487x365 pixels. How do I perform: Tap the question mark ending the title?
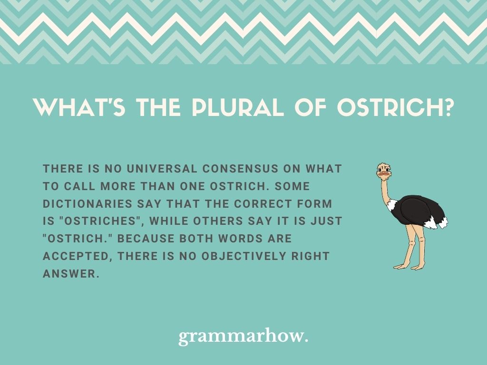click(x=447, y=108)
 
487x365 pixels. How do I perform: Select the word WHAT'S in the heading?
click(x=79, y=108)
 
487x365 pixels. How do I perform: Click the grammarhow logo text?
click(x=243, y=336)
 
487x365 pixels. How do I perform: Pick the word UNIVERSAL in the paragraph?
click(x=162, y=169)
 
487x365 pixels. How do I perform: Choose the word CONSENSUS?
click(x=240, y=169)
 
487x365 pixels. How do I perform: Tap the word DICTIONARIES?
click(x=88, y=203)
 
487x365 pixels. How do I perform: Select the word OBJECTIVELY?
click(x=244, y=256)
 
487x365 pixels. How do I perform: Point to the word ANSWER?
click(x=71, y=273)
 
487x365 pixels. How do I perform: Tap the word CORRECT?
click(x=263, y=203)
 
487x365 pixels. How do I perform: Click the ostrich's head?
click(x=384, y=171)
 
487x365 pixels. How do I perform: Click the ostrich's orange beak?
click(x=384, y=173)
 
